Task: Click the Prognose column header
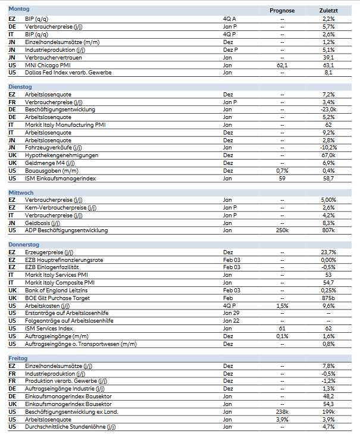coord(282,11)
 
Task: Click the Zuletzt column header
coord(328,11)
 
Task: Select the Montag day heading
coord(19,10)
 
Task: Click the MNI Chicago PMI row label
coord(48,65)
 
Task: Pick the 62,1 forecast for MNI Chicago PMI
coord(282,65)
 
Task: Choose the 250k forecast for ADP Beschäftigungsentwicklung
coord(282,230)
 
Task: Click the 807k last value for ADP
coord(328,230)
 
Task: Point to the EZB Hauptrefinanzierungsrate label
coord(64,260)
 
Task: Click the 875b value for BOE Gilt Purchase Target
coord(328,297)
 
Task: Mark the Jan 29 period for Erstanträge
coord(231,313)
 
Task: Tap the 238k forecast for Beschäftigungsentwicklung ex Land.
coord(282,411)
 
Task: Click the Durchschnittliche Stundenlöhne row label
coord(70,426)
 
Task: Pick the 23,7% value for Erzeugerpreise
coord(328,252)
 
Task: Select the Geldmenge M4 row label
coord(50,163)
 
